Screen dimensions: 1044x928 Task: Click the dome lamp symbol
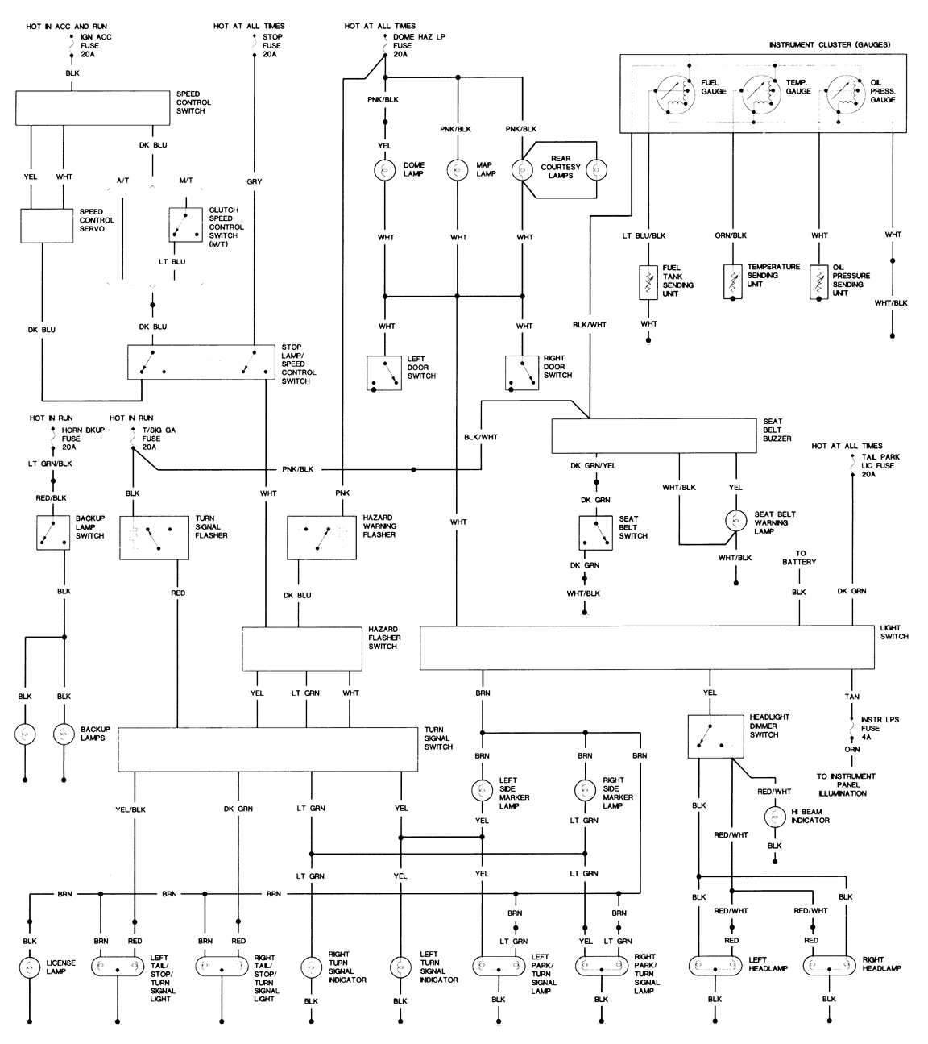coord(385,169)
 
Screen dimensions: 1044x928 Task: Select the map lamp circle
coord(458,169)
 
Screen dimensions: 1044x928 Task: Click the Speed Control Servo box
coord(46,227)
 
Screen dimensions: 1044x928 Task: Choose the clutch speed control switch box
coord(185,225)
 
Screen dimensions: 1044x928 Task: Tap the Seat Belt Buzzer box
coord(653,435)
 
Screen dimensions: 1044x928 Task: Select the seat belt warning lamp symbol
coord(736,521)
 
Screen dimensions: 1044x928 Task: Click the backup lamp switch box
coord(53,533)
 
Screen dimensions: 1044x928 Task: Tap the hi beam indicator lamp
coord(774,817)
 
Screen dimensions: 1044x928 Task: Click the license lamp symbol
coord(30,967)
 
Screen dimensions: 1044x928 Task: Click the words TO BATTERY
coord(798,557)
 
